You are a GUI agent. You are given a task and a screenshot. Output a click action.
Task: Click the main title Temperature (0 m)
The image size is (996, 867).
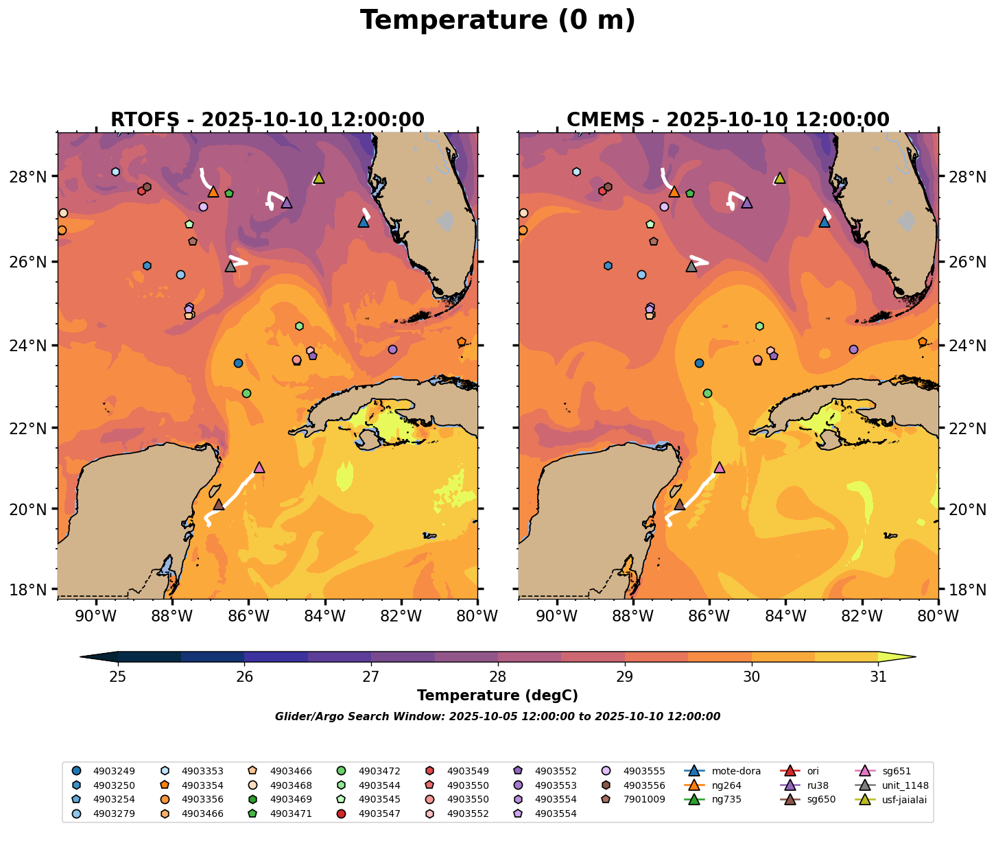[x=497, y=21]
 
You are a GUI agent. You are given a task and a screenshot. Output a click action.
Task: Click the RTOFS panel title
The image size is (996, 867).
[x=267, y=120]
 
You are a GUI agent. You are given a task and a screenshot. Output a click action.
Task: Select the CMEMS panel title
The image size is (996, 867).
[x=728, y=120]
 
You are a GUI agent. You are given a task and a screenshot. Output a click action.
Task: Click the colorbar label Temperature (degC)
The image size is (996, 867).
[x=497, y=696]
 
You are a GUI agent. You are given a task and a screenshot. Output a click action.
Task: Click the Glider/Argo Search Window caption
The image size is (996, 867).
[x=497, y=717]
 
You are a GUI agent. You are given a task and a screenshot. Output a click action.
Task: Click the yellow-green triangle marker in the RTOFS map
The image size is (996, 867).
[x=318, y=178]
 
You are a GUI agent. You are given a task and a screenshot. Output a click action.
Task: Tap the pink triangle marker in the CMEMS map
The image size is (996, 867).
[x=720, y=468]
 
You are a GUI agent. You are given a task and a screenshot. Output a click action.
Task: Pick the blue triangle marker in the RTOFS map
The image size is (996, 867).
[x=364, y=222]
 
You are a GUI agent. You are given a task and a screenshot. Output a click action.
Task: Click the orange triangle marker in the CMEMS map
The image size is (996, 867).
[x=674, y=192]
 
